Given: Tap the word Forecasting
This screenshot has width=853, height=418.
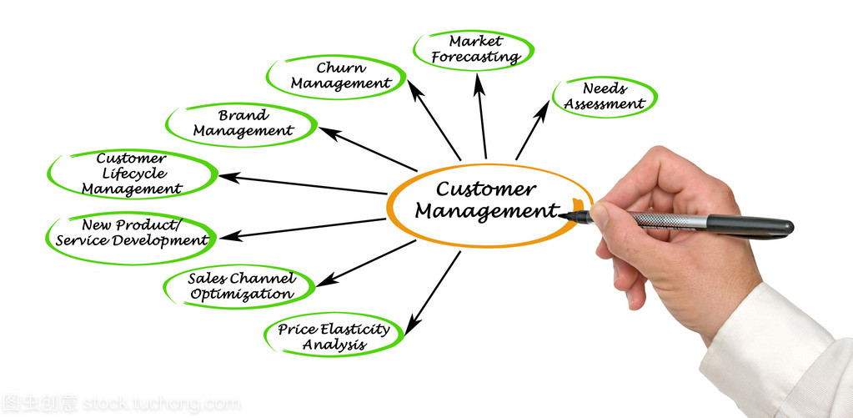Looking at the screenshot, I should click(x=476, y=57).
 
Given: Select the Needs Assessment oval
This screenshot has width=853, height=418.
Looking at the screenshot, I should click(x=605, y=96).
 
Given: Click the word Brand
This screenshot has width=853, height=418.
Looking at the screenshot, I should click(x=243, y=115).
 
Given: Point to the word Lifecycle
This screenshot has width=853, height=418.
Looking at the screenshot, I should click(x=133, y=173).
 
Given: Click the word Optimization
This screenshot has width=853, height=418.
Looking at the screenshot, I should click(x=242, y=294).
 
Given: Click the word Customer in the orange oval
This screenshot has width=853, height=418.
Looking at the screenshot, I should click(x=485, y=189).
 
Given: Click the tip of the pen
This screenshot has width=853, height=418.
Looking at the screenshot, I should click(x=562, y=216).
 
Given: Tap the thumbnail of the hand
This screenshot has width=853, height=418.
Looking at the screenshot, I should click(x=598, y=214).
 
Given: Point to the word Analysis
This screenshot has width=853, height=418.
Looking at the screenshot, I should click(x=334, y=344).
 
